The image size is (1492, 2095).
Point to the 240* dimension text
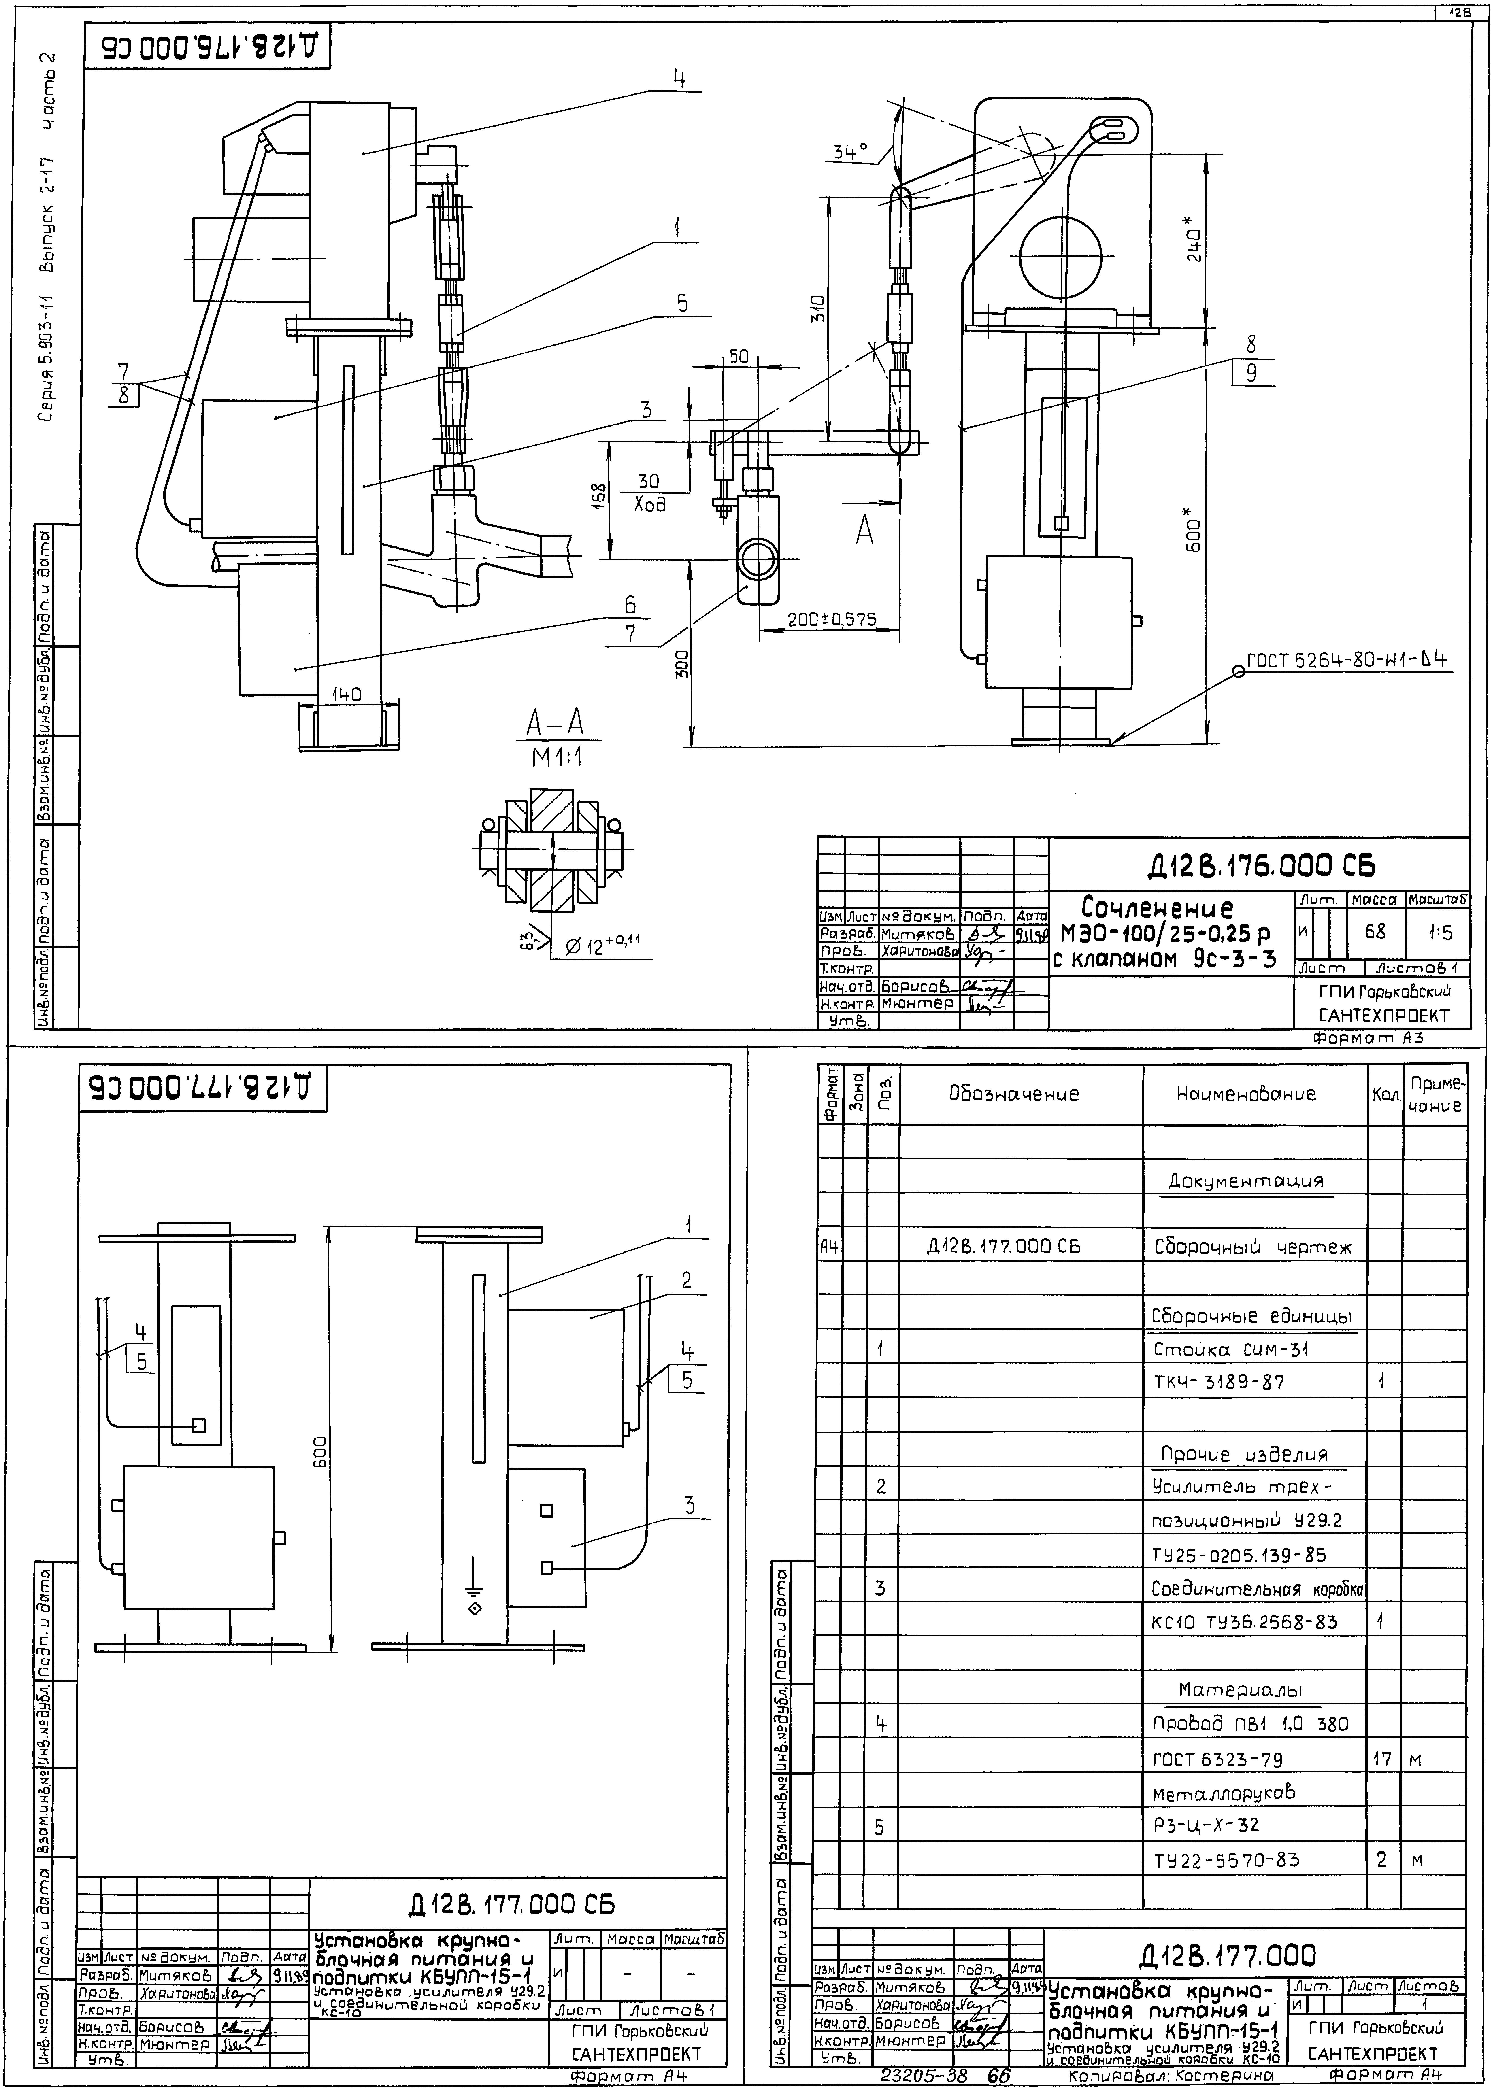[1192, 241]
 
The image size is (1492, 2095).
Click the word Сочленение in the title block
[1158, 909]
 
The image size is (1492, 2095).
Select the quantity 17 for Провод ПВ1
[1382, 1759]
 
